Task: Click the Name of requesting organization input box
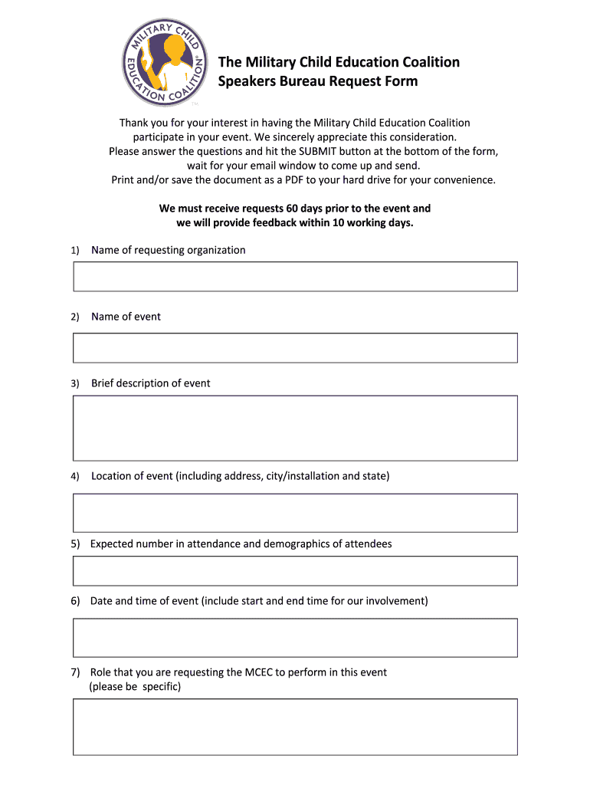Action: pos(295,277)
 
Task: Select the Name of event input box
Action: pos(295,348)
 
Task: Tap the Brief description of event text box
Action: pos(295,428)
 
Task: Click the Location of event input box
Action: pos(295,513)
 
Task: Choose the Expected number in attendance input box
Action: pos(295,571)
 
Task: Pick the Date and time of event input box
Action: pos(295,638)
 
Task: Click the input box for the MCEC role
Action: pos(295,727)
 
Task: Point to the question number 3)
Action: pos(75,384)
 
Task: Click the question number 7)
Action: pos(75,673)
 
